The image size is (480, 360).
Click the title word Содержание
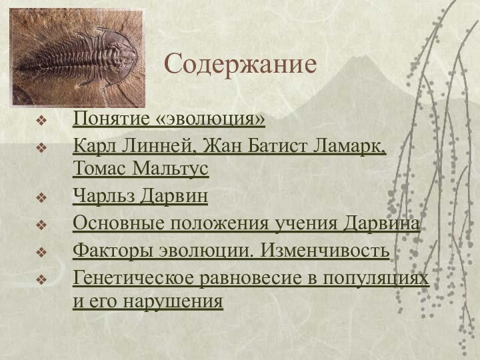click(241, 65)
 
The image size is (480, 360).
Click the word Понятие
click(111, 121)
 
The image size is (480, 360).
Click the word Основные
click(113, 225)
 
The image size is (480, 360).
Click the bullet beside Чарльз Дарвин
click(42, 198)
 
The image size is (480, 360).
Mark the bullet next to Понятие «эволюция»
click(42, 121)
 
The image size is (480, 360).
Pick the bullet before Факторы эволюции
click(42, 252)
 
